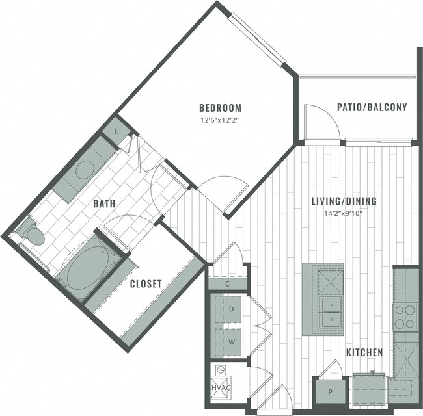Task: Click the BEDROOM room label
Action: (x=220, y=108)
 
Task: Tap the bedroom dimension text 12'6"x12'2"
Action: (x=220, y=119)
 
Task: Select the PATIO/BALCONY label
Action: (x=372, y=107)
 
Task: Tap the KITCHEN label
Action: (x=364, y=352)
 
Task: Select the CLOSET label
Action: (x=146, y=283)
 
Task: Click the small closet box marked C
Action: (x=228, y=283)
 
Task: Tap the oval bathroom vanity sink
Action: (x=85, y=170)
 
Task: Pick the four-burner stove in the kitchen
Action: (x=404, y=316)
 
